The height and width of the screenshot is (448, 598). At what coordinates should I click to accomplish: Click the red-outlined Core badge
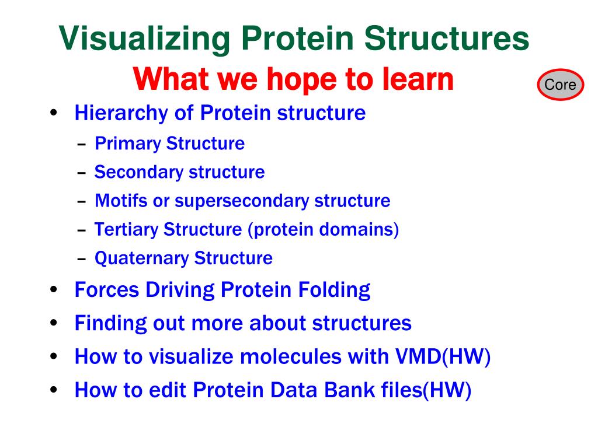560,85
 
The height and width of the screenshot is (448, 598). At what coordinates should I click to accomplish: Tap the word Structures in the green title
447,38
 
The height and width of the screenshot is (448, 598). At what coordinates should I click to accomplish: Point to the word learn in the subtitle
418,79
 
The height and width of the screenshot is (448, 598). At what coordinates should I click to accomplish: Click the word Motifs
121,201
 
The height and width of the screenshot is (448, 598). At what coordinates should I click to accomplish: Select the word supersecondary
242,201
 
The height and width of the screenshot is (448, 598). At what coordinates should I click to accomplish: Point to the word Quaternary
142,258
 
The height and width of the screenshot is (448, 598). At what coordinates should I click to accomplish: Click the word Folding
334,290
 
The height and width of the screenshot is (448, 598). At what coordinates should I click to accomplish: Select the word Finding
110,324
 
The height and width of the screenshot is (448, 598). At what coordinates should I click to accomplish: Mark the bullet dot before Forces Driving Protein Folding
53,289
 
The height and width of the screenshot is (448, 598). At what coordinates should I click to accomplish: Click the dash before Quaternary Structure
81,259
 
